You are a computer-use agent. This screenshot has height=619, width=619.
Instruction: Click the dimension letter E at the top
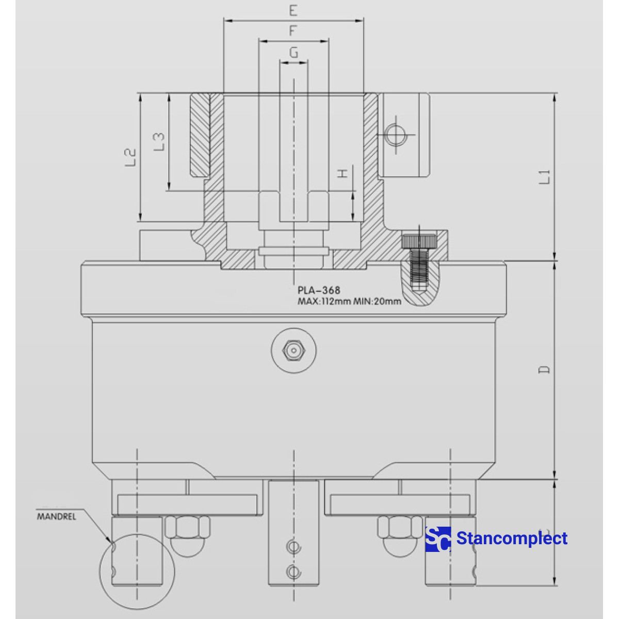pyautogui.click(x=293, y=11)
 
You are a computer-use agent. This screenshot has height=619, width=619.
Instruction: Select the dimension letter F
pyautogui.click(x=293, y=31)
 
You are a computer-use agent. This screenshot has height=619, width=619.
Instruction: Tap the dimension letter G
pyautogui.click(x=294, y=52)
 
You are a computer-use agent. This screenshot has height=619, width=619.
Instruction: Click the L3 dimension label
pyautogui.click(x=159, y=141)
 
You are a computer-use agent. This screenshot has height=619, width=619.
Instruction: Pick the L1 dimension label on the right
pyautogui.click(x=545, y=176)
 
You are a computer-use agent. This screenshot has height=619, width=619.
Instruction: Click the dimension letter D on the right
pyautogui.click(x=544, y=370)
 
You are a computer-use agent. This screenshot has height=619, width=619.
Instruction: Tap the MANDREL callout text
pyautogui.click(x=56, y=516)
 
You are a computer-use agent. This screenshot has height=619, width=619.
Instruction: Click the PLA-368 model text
pyautogui.click(x=319, y=290)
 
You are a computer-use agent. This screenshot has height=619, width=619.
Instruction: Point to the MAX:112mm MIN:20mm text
pyautogui.click(x=349, y=302)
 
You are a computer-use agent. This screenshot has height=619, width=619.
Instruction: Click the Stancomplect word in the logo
pyautogui.click(x=512, y=539)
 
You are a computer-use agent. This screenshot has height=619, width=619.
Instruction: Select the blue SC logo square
pyautogui.click(x=438, y=539)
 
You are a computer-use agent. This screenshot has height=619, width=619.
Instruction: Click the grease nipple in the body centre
pyautogui.click(x=294, y=351)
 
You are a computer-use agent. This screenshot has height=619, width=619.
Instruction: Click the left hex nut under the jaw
pyautogui.click(x=187, y=528)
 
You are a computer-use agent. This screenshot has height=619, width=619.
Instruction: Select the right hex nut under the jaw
pyautogui.click(x=400, y=528)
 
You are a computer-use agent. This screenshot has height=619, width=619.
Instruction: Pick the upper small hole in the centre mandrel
pyautogui.click(x=294, y=547)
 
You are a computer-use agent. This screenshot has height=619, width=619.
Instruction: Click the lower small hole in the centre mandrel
pyautogui.click(x=294, y=571)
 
